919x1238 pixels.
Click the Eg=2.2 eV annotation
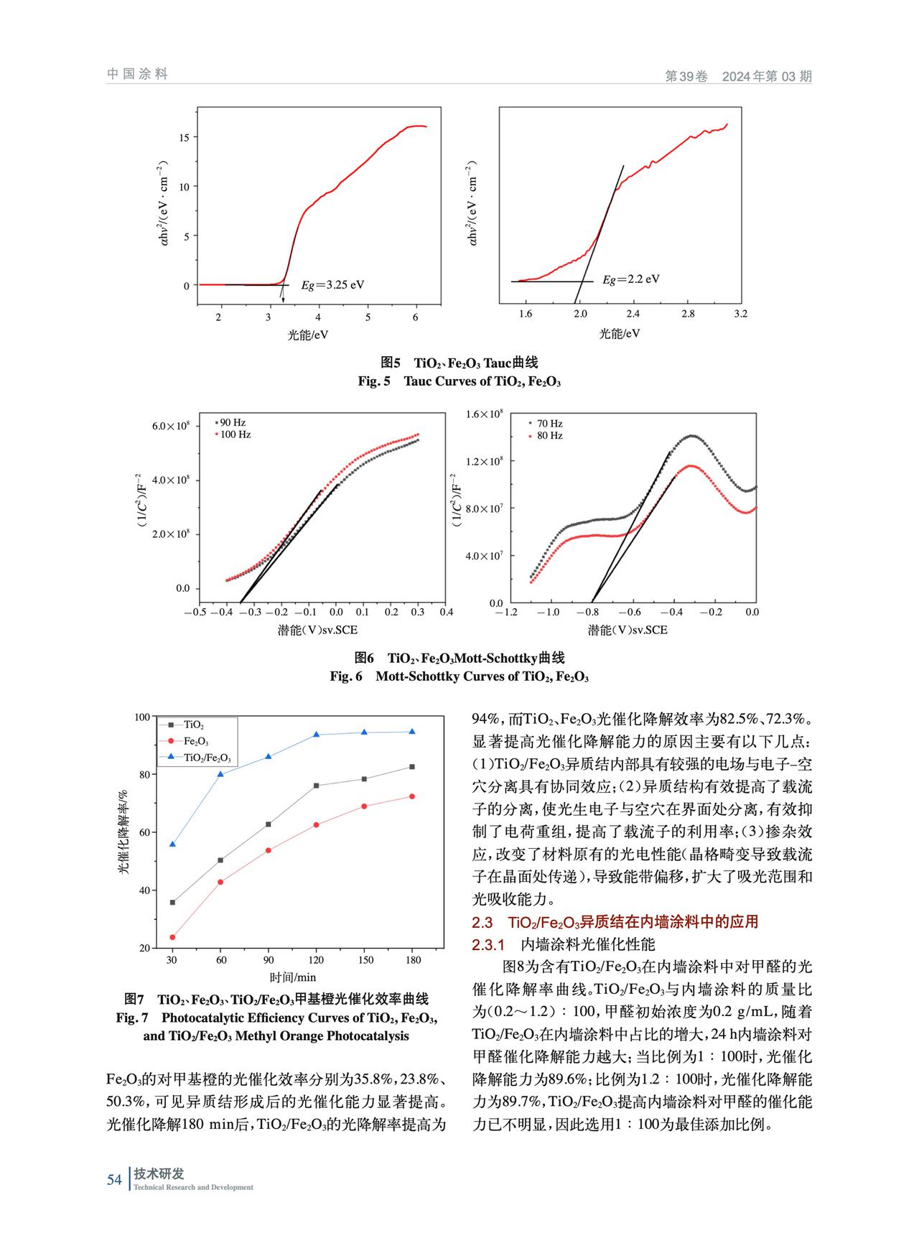coord(630,279)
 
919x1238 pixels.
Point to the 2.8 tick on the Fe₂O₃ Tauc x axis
coord(688,314)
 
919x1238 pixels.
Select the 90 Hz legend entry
coord(231,422)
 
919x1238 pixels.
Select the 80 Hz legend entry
coord(546,435)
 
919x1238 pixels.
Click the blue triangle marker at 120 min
coord(316,735)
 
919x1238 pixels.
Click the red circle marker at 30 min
coord(172,937)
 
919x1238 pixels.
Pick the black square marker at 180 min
coord(412,767)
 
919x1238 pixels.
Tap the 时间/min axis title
coord(293,977)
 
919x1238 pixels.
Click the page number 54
coord(114,1179)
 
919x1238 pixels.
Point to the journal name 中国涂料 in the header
coord(137,74)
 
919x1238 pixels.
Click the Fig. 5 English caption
coord(459,381)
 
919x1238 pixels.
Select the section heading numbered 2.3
coord(615,921)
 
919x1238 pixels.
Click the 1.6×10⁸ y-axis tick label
coord(485,414)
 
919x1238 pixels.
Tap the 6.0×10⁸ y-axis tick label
coord(171,426)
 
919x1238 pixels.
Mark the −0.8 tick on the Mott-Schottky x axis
coord(590,613)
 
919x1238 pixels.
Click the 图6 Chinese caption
coord(459,658)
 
